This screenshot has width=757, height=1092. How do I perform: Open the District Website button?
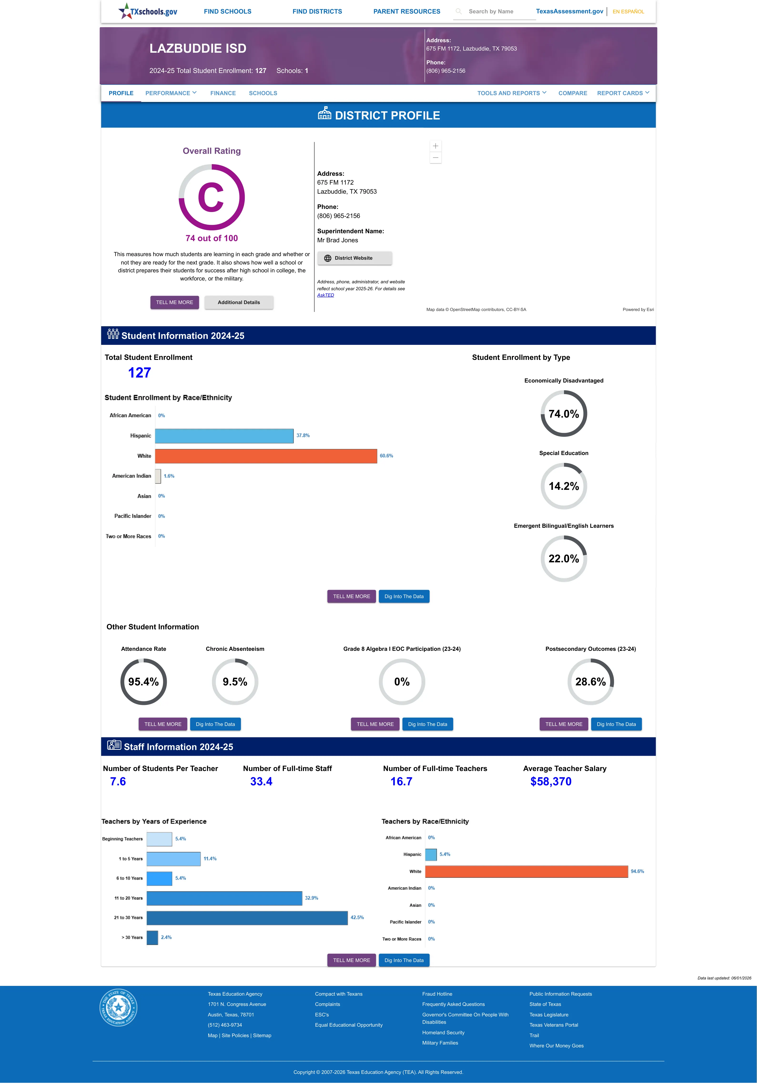(x=354, y=258)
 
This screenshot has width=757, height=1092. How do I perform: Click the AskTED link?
(x=325, y=295)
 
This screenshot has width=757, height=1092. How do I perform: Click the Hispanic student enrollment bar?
(x=224, y=436)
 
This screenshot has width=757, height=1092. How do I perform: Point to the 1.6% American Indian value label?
(x=169, y=476)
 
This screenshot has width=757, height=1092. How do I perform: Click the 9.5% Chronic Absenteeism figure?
(x=235, y=682)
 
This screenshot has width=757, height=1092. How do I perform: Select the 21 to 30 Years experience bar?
(x=247, y=918)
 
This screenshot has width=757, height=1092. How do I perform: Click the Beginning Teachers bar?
(x=159, y=839)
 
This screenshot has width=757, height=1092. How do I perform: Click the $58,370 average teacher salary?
(x=551, y=782)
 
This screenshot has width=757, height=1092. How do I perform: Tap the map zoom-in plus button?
(x=435, y=146)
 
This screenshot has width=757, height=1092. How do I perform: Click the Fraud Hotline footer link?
(x=437, y=994)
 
